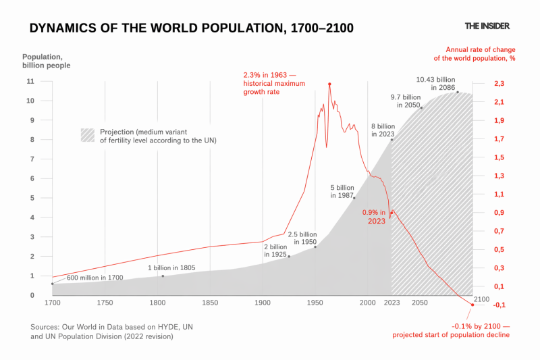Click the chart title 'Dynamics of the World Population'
(192, 28)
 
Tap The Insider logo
(487, 26)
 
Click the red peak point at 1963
(329, 84)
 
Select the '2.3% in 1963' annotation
(274, 82)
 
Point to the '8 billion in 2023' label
(382, 130)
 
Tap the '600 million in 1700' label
(94, 278)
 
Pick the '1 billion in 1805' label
(171, 267)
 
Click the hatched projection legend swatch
(87, 135)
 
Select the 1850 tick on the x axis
(210, 303)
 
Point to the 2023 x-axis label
(392, 303)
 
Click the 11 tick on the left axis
(30, 82)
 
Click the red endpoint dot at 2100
(473, 305)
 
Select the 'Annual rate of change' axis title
(479, 54)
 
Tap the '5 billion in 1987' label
(342, 191)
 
